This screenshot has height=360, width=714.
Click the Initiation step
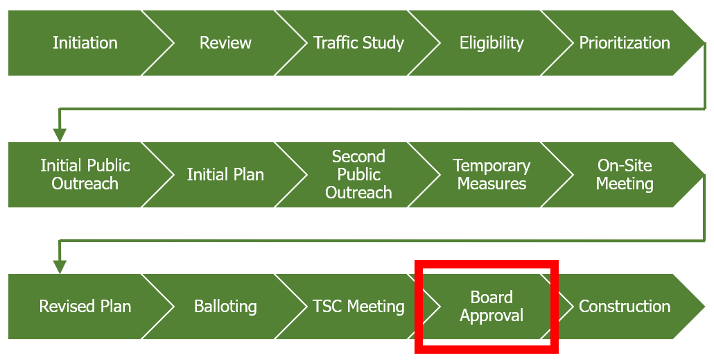(x=85, y=43)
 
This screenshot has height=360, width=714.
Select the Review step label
(x=225, y=43)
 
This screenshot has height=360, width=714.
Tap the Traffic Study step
(x=359, y=43)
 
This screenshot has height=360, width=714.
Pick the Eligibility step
(x=491, y=43)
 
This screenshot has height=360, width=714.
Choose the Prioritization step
(x=625, y=43)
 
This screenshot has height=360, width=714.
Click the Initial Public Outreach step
(x=85, y=175)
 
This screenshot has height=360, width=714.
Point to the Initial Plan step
(x=225, y=175)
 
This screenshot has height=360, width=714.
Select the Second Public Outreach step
(x=359, y=175)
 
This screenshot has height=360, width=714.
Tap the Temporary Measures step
(x=491, y=175)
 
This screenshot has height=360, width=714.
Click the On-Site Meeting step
(x=625, y=175)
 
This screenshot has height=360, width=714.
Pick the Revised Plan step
(x=85, y=306)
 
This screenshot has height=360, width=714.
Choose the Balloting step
(x=225, y=306)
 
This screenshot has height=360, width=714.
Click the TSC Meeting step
(x=359, y=306)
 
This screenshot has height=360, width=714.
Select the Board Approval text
(x=491, y=306)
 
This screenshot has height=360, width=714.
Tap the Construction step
(x=625, y=306)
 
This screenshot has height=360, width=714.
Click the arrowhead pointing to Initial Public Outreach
(x=60, y=135)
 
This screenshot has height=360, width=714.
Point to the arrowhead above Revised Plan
(x=60, y=267)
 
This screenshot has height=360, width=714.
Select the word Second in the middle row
(x=359, y=156)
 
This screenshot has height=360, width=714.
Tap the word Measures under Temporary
(x=491, y=184)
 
